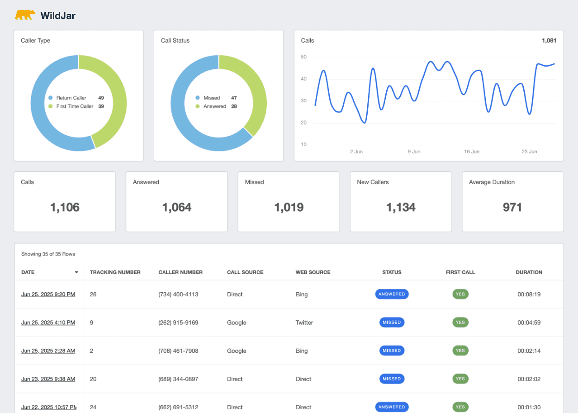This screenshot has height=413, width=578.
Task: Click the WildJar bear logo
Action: coord(25,15)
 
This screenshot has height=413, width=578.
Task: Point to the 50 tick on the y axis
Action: coord(304,57)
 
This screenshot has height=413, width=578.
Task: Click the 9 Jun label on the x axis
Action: coord(414,152)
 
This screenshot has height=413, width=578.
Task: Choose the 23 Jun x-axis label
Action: coord(529,152)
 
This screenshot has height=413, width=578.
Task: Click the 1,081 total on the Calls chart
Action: coord(549,41)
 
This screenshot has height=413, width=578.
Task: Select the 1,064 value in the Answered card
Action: coord(176,207)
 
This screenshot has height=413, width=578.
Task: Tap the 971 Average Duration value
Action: coord(512,207)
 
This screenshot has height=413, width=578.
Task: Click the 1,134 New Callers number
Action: coord(401,207)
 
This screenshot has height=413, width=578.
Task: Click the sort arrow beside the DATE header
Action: coord(76,272)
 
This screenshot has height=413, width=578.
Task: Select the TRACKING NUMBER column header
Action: coord(115,272)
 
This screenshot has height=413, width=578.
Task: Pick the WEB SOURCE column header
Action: coord(313,272)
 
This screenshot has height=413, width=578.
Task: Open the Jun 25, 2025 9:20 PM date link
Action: coord(48,294)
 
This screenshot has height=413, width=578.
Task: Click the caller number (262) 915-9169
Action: coord(178,323)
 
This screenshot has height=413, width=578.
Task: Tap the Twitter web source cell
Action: coord(305,323)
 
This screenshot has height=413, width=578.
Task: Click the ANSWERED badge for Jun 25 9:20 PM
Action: coord(392,294)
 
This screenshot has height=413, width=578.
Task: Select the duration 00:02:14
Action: coord(529,351)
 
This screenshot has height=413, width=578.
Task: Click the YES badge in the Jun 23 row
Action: coord(460,379)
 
